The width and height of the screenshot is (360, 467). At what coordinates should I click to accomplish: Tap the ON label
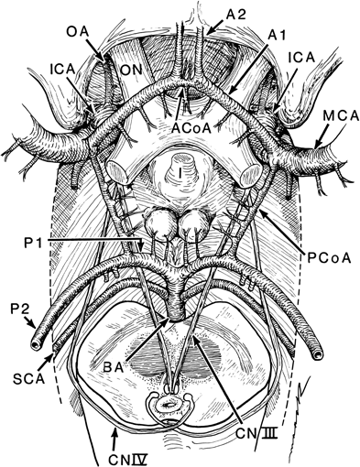(132, 68)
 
